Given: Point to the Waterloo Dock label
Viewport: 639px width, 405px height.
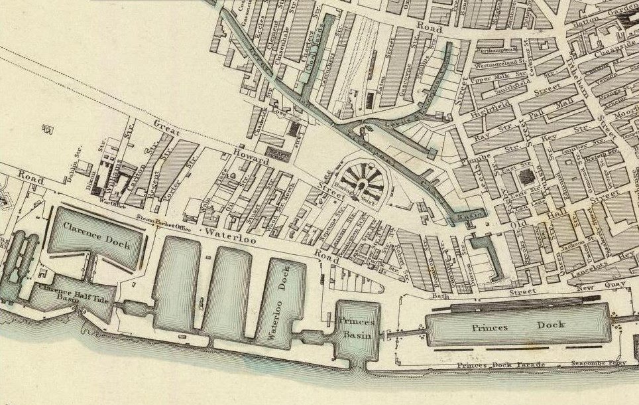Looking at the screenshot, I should (x=278, y=303).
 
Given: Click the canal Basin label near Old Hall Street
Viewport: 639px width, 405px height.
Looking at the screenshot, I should (x=469, y=216).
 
